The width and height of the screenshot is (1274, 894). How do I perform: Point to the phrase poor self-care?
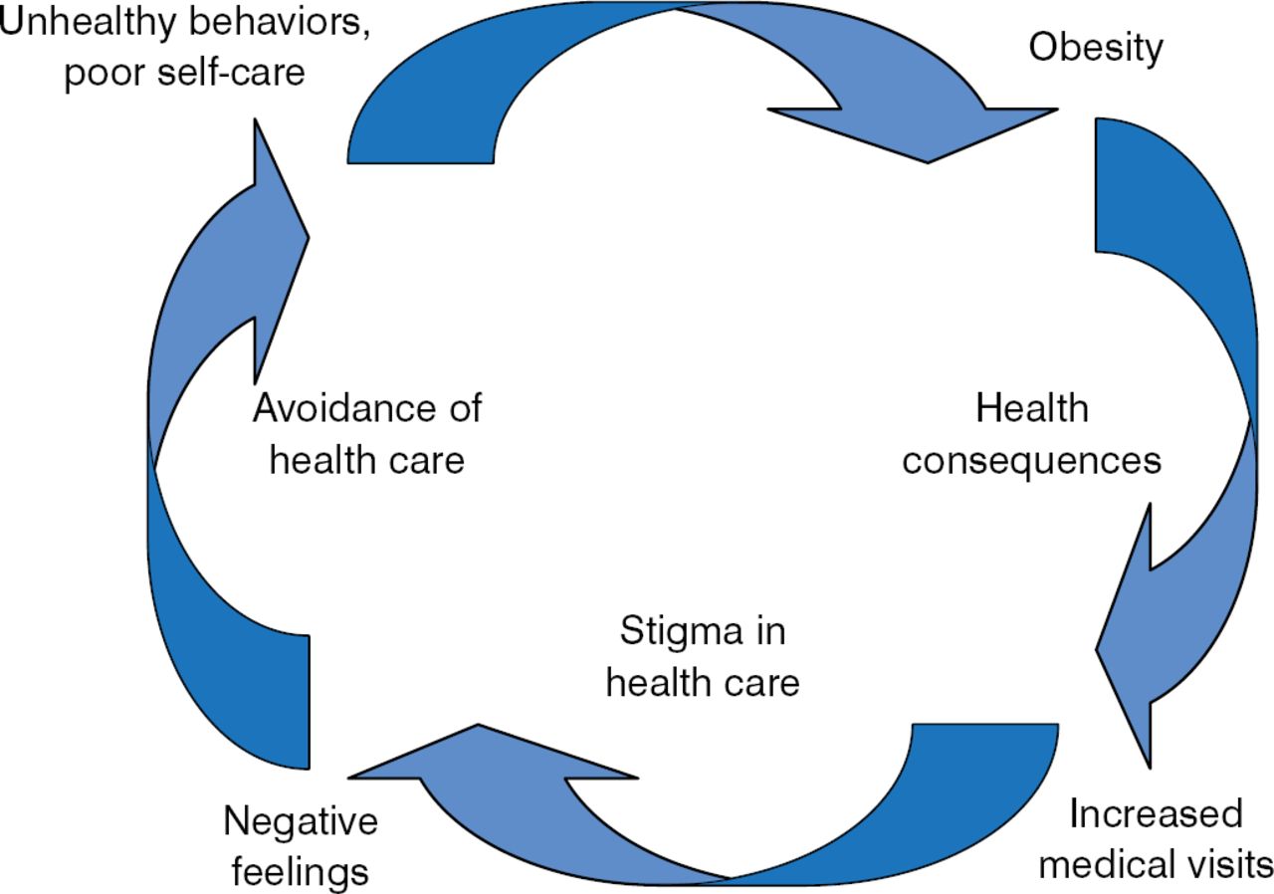[185, 73]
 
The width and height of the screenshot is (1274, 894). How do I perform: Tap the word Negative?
[301, 822]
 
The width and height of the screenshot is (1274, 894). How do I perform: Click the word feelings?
[301, 872]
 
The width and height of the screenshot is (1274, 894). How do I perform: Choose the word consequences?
[1032, 461]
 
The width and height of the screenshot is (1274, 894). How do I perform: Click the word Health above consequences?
[1032, 408]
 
